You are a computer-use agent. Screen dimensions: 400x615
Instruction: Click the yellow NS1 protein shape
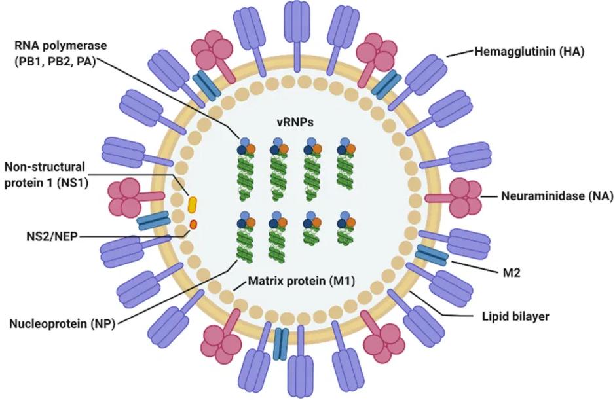tap(193, 204)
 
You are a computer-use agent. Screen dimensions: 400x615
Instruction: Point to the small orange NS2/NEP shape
tap(193, 225)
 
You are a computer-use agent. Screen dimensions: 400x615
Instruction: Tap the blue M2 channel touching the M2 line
tap(432, 256)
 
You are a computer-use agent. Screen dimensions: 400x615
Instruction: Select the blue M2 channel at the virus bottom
tap(281, 342)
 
